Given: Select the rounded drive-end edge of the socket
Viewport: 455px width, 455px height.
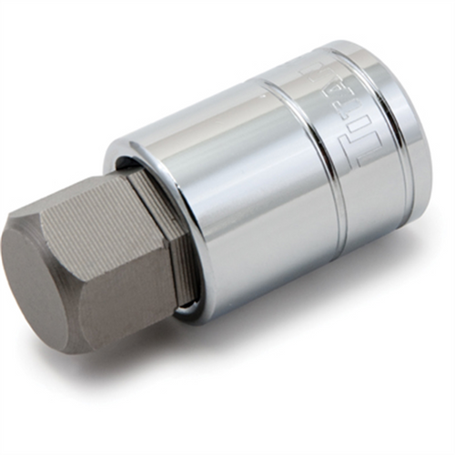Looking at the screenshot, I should [x=419, y=136].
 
